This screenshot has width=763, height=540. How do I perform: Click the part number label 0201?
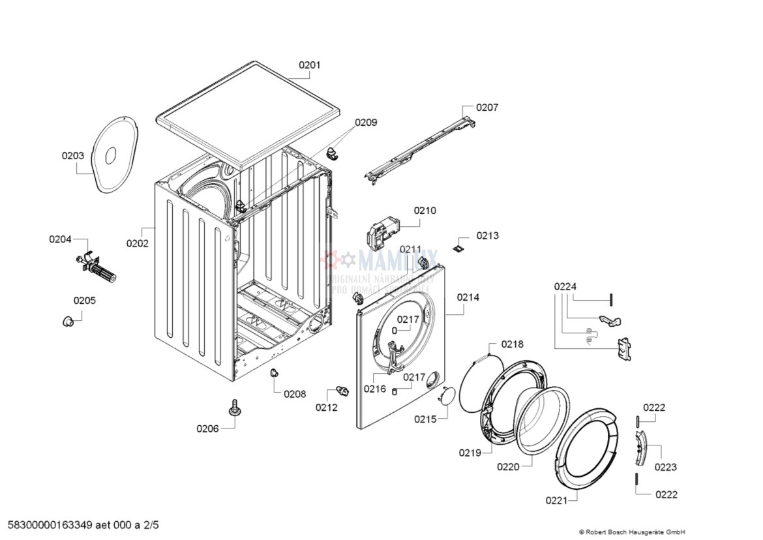(310, 65)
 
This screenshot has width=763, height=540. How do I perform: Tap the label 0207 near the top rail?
(486, 108)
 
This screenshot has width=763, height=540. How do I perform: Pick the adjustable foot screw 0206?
(233, 409)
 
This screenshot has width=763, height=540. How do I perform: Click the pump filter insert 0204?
(98, 269)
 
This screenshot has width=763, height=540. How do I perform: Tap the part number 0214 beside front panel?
(468, 297)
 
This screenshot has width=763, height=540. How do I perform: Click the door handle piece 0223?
(641, 448)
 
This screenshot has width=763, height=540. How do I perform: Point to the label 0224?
(565, 286)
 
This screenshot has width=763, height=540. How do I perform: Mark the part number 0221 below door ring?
(556, 500)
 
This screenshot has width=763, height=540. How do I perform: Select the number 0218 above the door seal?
(512, 344)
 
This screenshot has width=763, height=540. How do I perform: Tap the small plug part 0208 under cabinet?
(274, 373)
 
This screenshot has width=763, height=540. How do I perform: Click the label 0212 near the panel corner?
(327, 408)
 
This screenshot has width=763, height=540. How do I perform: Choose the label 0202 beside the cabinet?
(138, 243)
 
